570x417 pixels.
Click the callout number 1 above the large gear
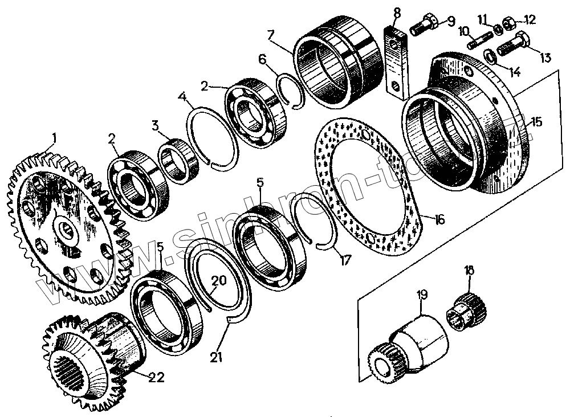point(54,138)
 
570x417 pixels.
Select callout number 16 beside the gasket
point(439,219)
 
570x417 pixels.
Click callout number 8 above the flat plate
point(397,11)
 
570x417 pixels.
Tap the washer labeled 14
point(490,55)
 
